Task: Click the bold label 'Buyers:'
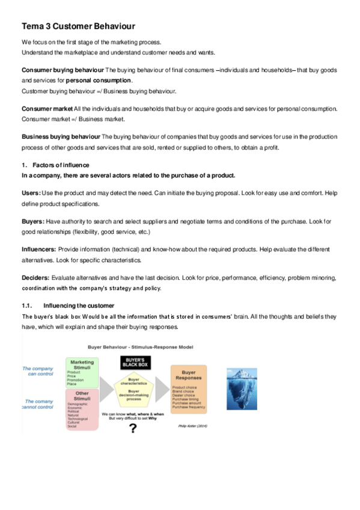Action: coord(33,222)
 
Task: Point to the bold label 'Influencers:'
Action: coord(39,248)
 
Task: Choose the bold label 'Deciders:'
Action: coord(35,278)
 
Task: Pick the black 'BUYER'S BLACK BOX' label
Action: coord(135,362)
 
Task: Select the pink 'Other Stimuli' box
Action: coord(82,410)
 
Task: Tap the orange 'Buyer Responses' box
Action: coord(189,388)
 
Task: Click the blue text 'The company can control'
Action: coord(38,372)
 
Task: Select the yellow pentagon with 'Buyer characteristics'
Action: coord(135,387)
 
